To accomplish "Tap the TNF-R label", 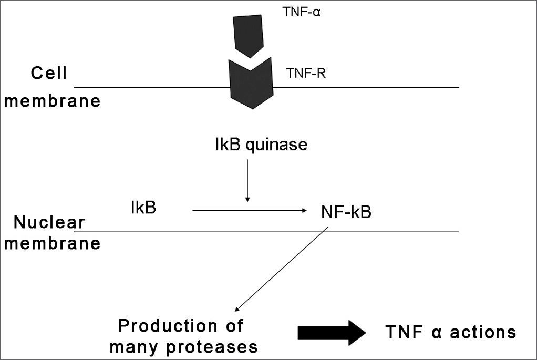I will tap(306, 74).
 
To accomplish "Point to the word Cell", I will tap(49, 73).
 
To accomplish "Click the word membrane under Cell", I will tap(52, 100).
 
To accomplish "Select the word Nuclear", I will tap(49, 223).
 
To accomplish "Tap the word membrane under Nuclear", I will tap(52, 244).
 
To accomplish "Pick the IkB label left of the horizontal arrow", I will tap(143, 207).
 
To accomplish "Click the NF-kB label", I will tap(346, 212).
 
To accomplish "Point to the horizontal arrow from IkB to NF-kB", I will tap(250, 210).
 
